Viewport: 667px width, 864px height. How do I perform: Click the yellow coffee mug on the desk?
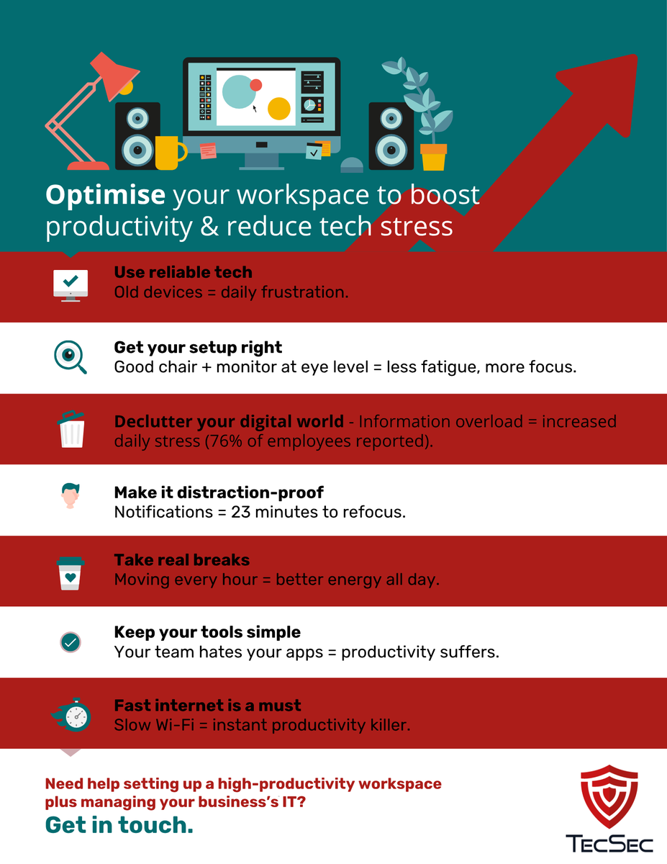point(168,153)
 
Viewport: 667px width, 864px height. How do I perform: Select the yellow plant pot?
point(433,157)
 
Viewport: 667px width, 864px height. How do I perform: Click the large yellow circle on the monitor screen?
point(279,109)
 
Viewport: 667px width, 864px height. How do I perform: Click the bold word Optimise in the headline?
point(106,194)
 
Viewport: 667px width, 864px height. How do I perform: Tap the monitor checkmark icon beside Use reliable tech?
point(71,284)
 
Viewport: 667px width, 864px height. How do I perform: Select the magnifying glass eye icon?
point(70,356)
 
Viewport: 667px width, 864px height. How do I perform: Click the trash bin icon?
point(71,428)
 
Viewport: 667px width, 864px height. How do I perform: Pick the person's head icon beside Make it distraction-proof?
point(70,497)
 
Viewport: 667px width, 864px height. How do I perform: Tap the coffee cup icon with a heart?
point(71,572)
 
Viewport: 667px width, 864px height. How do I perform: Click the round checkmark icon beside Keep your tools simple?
point(71,642)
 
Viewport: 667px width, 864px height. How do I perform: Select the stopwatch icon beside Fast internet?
point(72,714)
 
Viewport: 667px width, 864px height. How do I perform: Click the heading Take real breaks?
point(182,560)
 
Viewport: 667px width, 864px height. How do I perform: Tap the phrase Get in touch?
point(119,825)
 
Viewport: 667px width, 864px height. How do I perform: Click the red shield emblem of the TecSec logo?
point(609,797)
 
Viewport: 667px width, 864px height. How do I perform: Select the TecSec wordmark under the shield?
point(609,843)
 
